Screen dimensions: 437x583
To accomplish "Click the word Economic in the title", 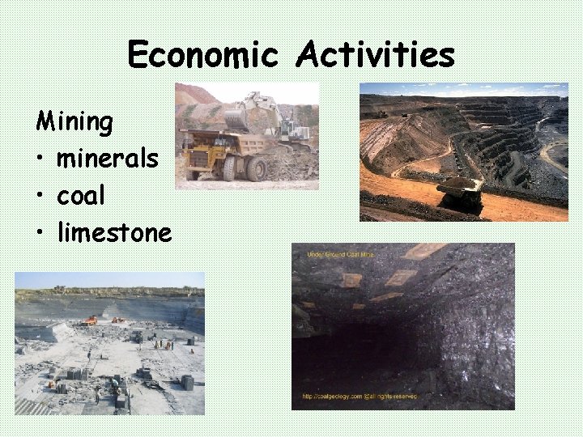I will click(202, 55).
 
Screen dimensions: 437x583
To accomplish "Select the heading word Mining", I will click(74, 122).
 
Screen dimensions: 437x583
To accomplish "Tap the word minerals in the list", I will click(107, 159).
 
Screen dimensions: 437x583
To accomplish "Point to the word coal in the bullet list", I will click(81, 195).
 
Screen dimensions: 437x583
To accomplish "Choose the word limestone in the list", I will click(114, 232).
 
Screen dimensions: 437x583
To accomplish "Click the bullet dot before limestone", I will click(40, 234).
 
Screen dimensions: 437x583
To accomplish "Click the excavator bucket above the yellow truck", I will click(237, 119).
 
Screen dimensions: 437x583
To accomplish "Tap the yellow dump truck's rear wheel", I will click(257, 168).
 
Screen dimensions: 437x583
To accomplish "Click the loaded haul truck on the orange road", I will click(459, 190).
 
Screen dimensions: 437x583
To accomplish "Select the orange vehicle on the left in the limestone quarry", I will click(91, 320).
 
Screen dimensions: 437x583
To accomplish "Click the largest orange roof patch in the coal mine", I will click(401, 278).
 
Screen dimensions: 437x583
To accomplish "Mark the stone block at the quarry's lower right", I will click(188, 383).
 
